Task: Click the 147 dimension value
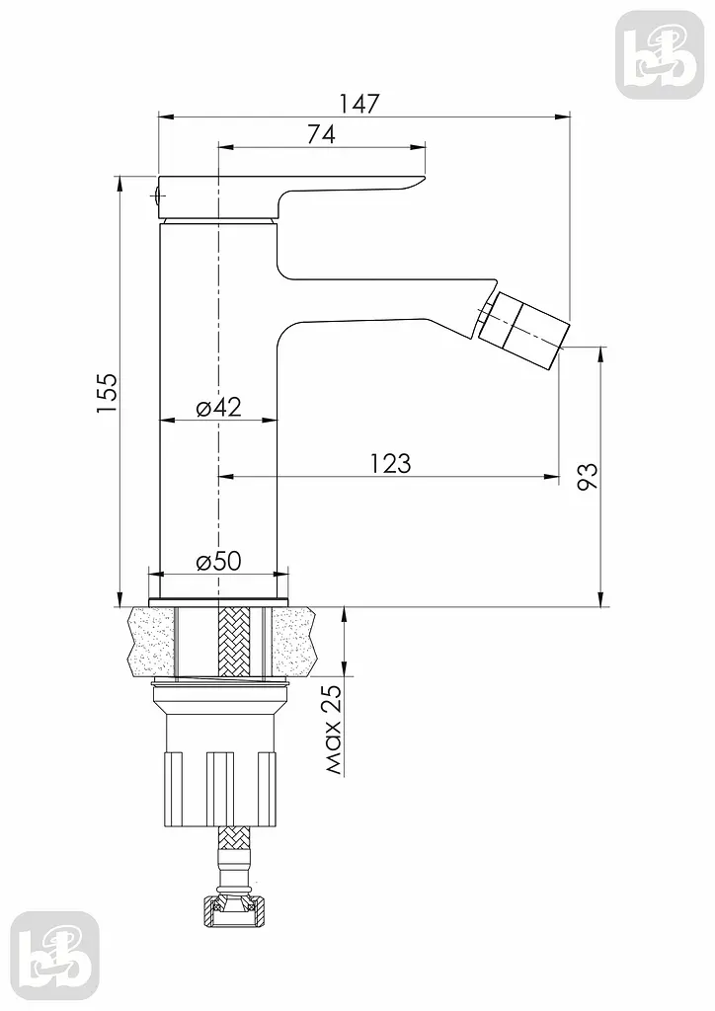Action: click(x=360, y=103)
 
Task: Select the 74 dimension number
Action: click(x=321, y=134)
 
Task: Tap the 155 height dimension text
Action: click(x=107, y=393)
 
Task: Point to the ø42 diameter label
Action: click(x=218, y=407)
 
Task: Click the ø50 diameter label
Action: click(x=218, y=561)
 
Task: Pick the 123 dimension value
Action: click(x=391, y=463)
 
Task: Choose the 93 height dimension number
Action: click(x=587, y=477)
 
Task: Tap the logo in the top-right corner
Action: click(x=660, y=55)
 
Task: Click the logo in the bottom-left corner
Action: click(x=55, y=956)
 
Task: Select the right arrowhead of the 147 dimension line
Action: click(x=563, y=117)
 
